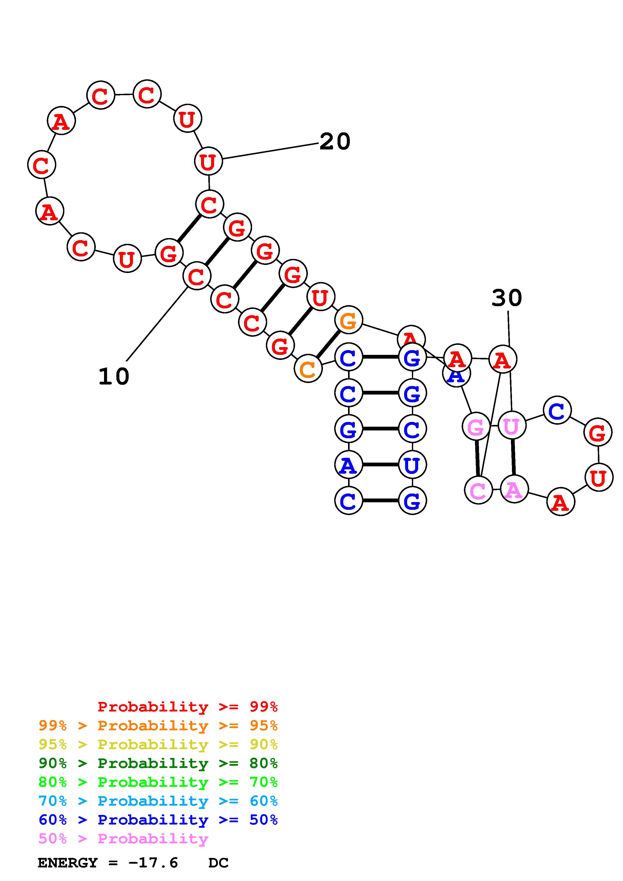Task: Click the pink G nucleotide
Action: click(x=476, y=426)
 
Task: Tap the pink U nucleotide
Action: click(x=511, y=426)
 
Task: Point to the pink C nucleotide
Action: click(x=478, y=490)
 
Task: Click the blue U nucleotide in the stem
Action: click(x=412, y=465)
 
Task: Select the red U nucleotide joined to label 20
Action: click(x=208, y=161)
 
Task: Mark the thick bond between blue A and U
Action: click(x=380, y=465)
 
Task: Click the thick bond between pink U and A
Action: click(x=513, y=457)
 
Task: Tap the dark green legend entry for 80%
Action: click(x=158, y=763)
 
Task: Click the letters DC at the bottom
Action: click(x=218, y=863)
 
